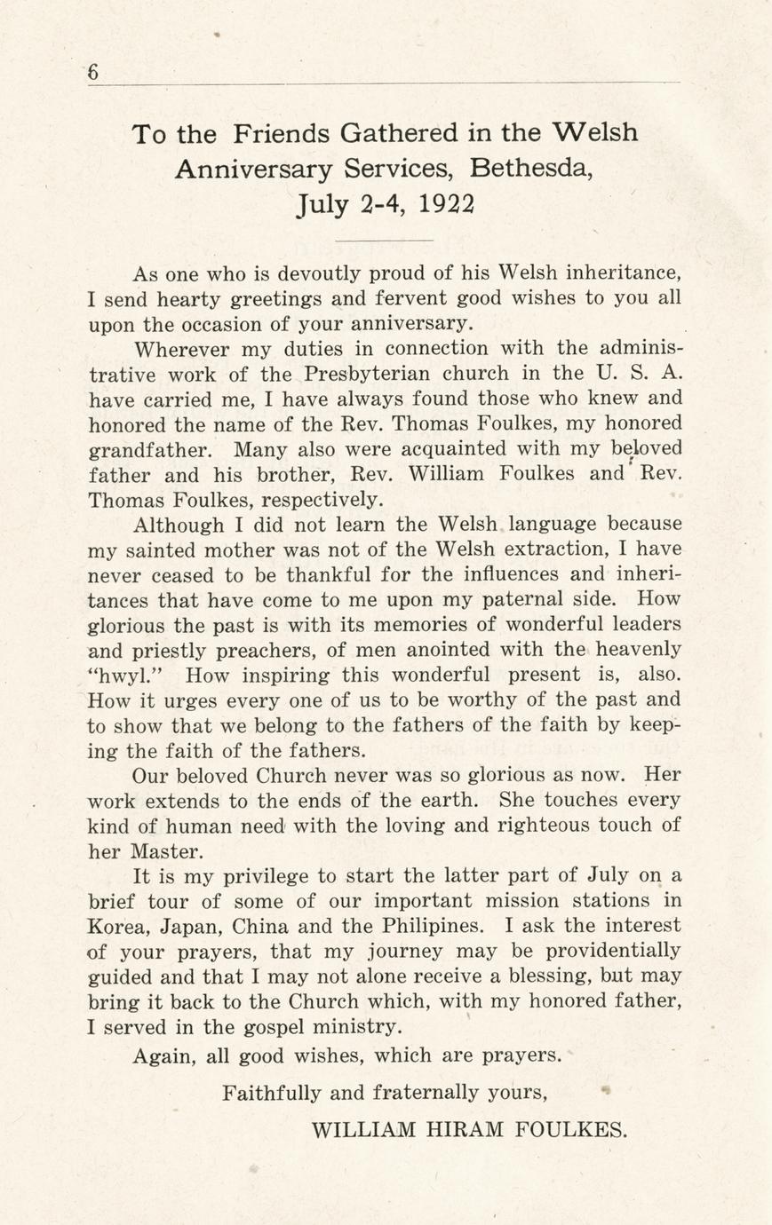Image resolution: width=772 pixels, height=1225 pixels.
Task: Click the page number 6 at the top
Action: pyautogui.click(x=93, y=74)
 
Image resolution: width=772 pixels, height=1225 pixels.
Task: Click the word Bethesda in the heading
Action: pyautogui.click(x=530, y=169)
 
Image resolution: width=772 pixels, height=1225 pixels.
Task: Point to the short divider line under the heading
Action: pyautogui.click(x=386, y=241)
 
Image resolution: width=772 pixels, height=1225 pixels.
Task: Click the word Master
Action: pyautogui.click(x=165, y=850)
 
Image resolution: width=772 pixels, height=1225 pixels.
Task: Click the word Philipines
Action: pyautogui.click(x=434, y=926)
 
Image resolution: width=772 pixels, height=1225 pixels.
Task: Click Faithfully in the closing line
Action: pyautogui.click(x=271, y=1092)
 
